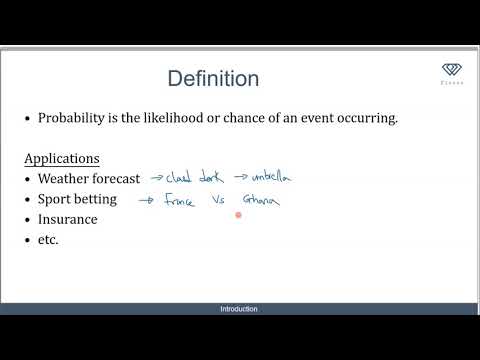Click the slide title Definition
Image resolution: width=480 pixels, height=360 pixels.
coord(213,79)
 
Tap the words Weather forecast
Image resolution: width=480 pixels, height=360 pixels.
coord(89,179)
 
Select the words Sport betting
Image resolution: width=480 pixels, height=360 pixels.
coord(77,199)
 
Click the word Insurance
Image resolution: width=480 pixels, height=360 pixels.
coord(68,219)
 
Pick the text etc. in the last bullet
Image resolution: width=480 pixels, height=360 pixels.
coord(48,240)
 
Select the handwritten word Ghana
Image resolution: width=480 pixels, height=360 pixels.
coord(259,201)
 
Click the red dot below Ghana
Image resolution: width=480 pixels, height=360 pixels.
coord(239,214)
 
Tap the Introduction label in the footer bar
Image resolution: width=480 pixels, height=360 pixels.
coord(239,309)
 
